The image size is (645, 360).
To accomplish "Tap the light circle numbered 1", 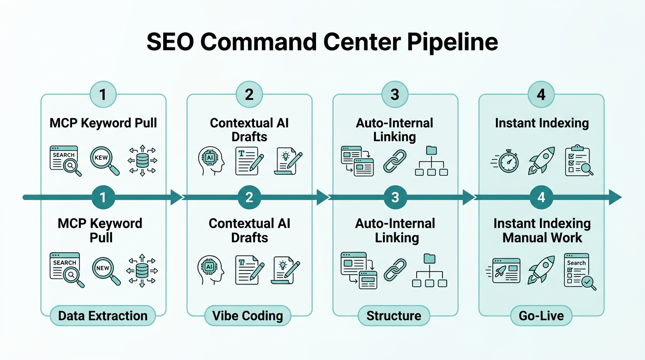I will (103, 94).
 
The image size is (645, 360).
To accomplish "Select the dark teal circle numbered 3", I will (395, 197).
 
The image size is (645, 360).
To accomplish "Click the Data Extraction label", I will (103, 316).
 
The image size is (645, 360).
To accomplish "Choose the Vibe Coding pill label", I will (248, 316).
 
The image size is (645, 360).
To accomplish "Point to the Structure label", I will (394, 316).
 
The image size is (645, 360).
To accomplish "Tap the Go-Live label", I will (541, 316).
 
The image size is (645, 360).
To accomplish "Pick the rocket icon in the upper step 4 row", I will (542, 160).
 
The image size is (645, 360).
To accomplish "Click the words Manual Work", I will (542, 237).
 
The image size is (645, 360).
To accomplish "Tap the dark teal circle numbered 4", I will (541, 197).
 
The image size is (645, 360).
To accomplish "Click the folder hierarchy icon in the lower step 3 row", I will (429, 270).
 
